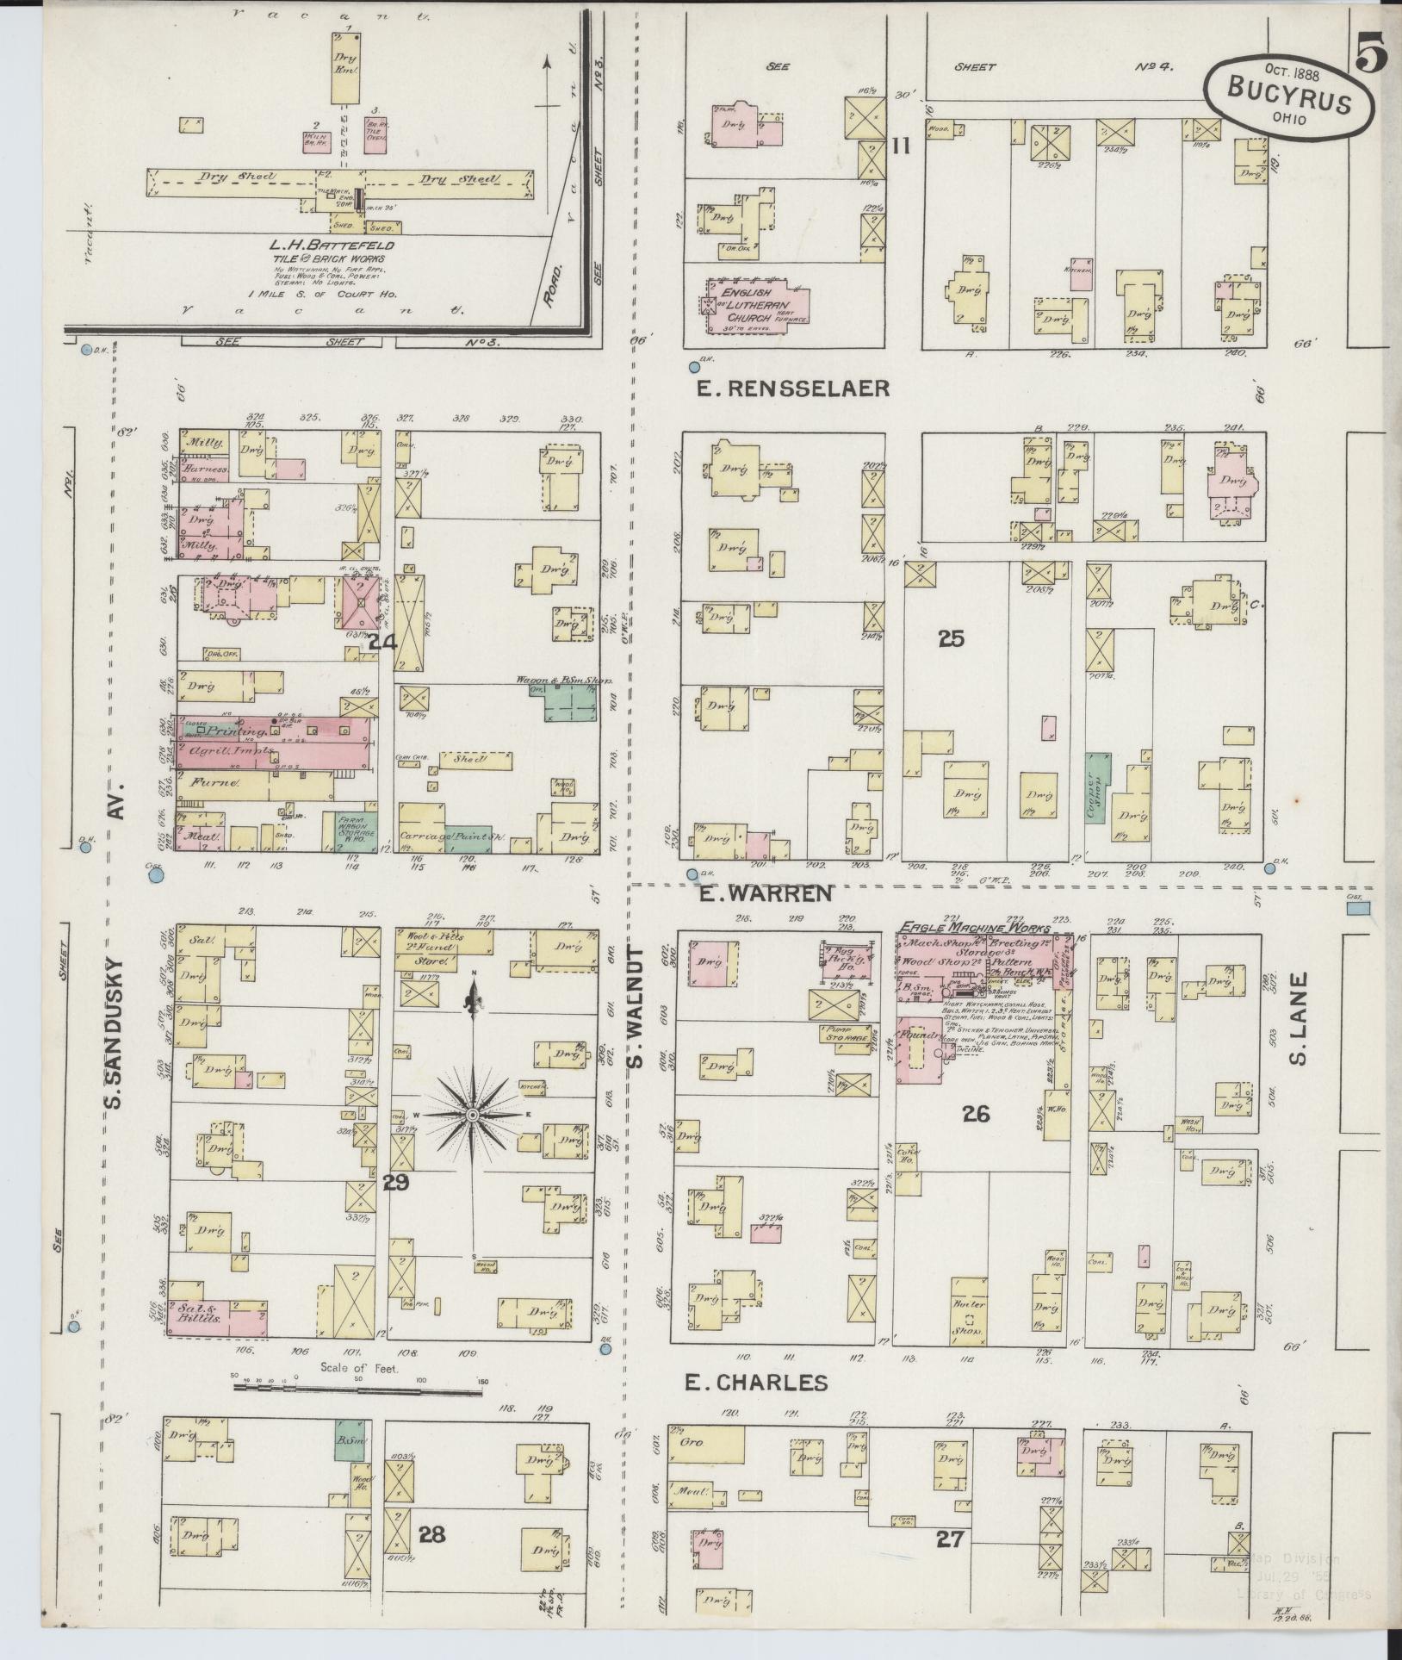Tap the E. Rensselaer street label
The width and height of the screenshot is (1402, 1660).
tap(792, 389)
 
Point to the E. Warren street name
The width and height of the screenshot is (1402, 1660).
tap(765, 894)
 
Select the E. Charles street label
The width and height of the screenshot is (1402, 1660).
tap(756, 1383)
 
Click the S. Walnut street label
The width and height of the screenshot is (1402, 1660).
tap(636, 1006)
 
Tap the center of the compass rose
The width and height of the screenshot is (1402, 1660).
tap(471, 1115)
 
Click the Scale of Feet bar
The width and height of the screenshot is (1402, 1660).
tap(357, 1390)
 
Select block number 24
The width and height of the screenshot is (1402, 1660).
tap(382, 642)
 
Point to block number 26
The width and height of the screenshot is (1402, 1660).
tap(976, 1114)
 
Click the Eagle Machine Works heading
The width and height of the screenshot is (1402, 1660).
tap(975, 929)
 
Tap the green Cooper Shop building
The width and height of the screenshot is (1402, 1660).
tap(1096, 786)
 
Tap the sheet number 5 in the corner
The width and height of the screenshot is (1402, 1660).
tap(1370, 56)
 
